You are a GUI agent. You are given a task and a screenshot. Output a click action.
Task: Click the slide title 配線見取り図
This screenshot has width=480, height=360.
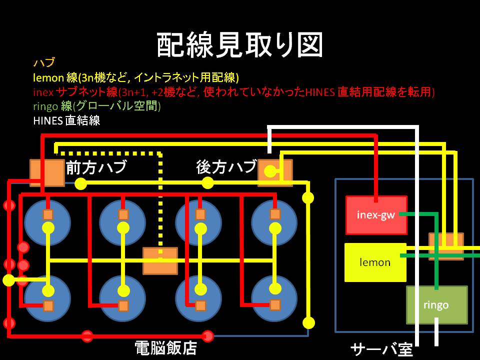pos(239,45)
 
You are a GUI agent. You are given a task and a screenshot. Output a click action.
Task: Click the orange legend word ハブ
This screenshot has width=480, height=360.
pos(44,62)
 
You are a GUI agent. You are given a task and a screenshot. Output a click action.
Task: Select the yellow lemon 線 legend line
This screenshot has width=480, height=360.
pos(136,77)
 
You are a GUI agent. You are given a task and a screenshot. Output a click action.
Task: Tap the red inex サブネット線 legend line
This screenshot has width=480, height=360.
pos(234,92)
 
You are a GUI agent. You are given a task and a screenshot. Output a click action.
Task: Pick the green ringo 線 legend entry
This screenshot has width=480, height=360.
pos(96,106)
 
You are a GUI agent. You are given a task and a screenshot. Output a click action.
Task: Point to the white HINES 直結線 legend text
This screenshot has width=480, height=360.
pos(66,120)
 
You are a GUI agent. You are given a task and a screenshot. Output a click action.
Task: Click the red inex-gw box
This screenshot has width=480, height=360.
pos(376,215)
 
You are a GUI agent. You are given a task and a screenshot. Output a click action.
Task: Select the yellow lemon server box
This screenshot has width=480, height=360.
pos(375,262)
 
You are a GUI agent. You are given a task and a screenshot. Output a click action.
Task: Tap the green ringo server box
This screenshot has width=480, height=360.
pos(437,305)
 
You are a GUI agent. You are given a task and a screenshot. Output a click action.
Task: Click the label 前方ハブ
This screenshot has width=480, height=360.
pos(96,167)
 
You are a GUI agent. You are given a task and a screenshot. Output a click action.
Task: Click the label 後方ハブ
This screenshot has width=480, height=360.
pos(226,167)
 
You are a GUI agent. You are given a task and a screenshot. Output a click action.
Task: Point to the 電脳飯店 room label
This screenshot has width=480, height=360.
pos(165,348)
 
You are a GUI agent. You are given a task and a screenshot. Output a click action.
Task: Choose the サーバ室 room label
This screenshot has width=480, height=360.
pos(381,349)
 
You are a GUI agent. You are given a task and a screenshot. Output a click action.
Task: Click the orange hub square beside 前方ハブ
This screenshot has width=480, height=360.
pos(47,173)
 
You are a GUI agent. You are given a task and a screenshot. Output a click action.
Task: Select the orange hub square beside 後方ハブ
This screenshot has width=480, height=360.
pos(275,173)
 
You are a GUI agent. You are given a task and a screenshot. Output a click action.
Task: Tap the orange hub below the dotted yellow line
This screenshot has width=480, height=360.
pos(160,261)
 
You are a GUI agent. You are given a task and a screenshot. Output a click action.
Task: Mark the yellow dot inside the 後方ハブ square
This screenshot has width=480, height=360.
pos(270,171)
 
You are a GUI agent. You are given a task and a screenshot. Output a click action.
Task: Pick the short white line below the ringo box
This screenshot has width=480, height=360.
pos(436,332)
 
